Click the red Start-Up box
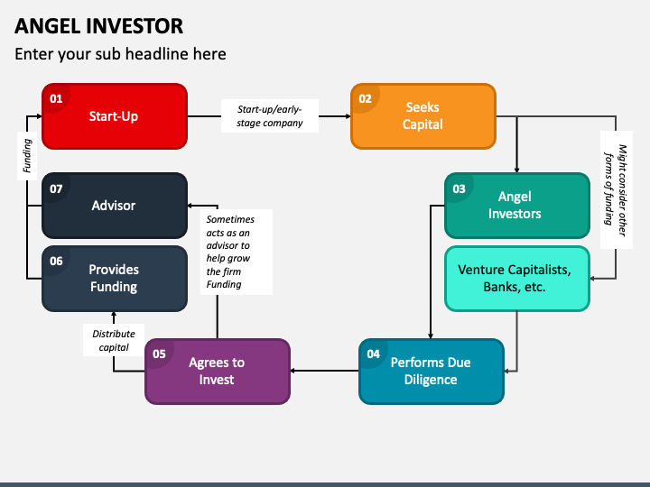click(x=115, y=116)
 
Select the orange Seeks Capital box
click(x=423, y=116)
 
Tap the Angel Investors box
click(x=517, y=206)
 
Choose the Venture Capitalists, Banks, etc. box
click(x=517, y=279)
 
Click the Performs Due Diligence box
click(x=432, y=372)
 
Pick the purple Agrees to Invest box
click(x=218, y=372)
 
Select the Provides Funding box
click(x=115, y=279)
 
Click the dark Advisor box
click(x=115, y=206)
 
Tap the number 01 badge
click(x=56, y=98)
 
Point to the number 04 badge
click(x=373, y=354)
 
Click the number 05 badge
click(x=159, y=354)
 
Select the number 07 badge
click(x=56, y=188)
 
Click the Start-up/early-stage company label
click(x=270, y=116)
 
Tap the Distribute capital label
click(x=114, y=340)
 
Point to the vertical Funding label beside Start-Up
click(x=27, y=156)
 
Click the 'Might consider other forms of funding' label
click(x=616, y=189)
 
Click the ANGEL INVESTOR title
click(x=98, y=26)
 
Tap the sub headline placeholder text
click(x=120, y=54)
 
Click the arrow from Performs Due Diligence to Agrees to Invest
click(x=325, y=371)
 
